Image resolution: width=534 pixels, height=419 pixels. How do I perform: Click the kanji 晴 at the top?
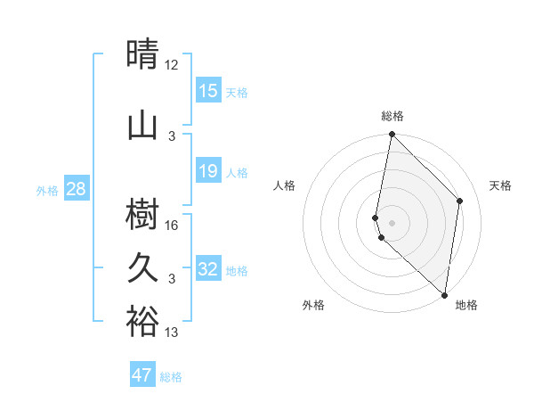[x=142, y=53]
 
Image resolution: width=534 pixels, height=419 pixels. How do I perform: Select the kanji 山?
[x=142, y=125]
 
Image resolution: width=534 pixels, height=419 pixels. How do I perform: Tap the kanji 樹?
[x=142, y=214]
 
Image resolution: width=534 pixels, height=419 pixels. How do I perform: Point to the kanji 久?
[x=142, y=267]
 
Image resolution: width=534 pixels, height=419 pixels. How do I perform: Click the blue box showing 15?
[x=208, y=91]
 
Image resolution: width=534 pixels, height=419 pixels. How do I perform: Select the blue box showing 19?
[x=208, y=171]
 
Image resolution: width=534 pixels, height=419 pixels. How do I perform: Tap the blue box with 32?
[x=208, y=270]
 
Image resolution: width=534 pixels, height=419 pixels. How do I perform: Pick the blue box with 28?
[x=76, y=189]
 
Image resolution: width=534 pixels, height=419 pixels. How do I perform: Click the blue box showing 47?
[x=142, y=375]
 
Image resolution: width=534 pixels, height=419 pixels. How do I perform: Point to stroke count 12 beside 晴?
[x=172, y=65]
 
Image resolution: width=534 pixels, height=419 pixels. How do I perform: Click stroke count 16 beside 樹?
[x=172, y=226]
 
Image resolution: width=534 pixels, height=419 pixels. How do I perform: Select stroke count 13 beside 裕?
[x=172, y=333]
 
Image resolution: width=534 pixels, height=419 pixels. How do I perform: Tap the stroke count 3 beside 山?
[x=173, y=136]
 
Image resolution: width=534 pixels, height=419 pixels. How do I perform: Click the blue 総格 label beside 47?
[x=171, y=377]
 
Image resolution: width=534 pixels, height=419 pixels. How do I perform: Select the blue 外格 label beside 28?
[x=47, y=191]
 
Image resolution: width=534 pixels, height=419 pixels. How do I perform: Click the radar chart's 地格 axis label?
[x=466, y=305]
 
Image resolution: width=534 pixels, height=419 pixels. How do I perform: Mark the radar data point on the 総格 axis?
[x=392, y=135]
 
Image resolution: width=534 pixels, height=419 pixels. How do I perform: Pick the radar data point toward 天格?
[x=460, y=201]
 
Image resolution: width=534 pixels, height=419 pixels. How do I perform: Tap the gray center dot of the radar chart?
[x=392, y=221]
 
